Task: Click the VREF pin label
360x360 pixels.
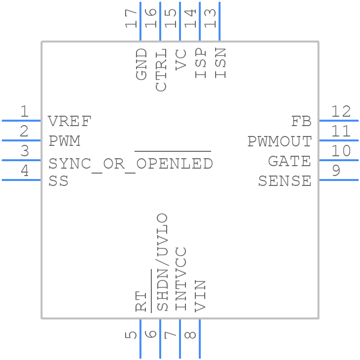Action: [70, 121]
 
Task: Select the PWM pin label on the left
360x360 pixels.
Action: [64, 141]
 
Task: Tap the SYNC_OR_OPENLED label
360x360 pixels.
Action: [131, 163]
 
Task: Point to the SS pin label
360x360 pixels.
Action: [58, 181]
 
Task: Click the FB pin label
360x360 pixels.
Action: [301, 121]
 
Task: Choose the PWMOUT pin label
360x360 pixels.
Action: [279, 142]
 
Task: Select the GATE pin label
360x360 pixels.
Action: [289, 162]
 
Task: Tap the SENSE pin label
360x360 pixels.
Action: [285, 181]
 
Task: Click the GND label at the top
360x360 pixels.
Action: [141, 64]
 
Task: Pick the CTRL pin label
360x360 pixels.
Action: [161, 70]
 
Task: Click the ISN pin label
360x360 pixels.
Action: [221, 63]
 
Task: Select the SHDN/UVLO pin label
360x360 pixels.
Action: [162, 262]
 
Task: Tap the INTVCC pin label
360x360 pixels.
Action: [181, 279]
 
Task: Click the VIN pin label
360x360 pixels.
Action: [201, 295]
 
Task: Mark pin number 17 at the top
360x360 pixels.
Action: [132, 18]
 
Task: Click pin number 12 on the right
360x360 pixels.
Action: [341, 112]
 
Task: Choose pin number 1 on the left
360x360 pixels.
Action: [24, 112]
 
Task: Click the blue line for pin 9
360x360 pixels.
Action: [339, 180]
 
